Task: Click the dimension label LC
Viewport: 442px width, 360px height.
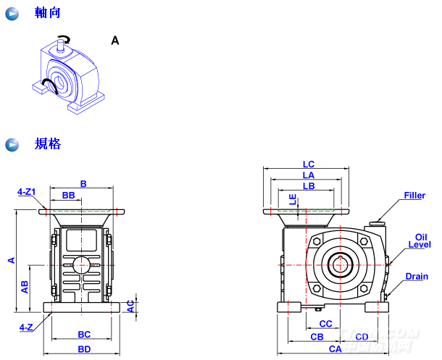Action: pyautogui.click(x=308, y=164)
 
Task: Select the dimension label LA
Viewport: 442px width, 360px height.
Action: pyautogui.click(x=308, y=175)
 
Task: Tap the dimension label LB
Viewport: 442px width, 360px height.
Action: pyautogui.click(x=308, y=186)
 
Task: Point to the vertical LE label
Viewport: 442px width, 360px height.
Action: pyautogui.click(x=293, y=199)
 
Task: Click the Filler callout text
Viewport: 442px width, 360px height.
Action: pyautogui.click(x=414, y=196)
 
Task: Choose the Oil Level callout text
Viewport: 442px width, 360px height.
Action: pyautogui.click(x=420, y=241)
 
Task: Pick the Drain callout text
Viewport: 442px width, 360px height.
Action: pyautogui.click(x=417, y=276)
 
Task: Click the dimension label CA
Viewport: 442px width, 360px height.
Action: pyautogui.click(x=335, y=348)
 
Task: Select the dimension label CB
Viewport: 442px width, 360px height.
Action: pyautogui.click(x=317, y=337)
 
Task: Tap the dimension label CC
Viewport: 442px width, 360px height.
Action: pyautogui.click(x=325, y=324)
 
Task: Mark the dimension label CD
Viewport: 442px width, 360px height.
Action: pyautogui.click(x=362, y=337)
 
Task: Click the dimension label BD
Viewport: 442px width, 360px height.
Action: pyautogui.click(x=84, y=349)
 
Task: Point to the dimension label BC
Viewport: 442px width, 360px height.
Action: pyautogui.click(x=84, y=335)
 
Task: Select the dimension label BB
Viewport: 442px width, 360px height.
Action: pyautogui.click(x=68, y=196)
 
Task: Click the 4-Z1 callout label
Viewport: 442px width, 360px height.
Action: pyautogui.click(x=26, y=192)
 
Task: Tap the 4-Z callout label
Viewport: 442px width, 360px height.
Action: pyautogui.click(x=25, y=327)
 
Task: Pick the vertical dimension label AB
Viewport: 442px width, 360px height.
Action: pyautogui.click(x=25, y=287)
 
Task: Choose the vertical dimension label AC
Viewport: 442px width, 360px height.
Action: pyautogui.click(x=130, y=306)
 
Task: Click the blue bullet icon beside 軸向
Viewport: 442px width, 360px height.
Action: pyautogui.click(x=12, y=14)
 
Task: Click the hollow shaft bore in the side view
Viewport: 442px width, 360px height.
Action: pyautogui.click(x=340, y=264)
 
